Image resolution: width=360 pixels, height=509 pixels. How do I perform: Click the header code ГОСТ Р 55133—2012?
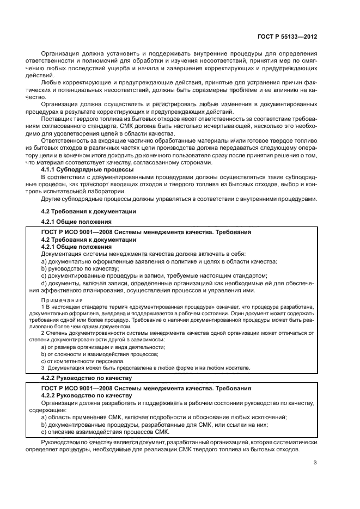pos(288,35)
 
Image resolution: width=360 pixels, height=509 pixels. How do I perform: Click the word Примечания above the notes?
pos(62,300)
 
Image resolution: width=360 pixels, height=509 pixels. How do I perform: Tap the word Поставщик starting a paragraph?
pos(58,117)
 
